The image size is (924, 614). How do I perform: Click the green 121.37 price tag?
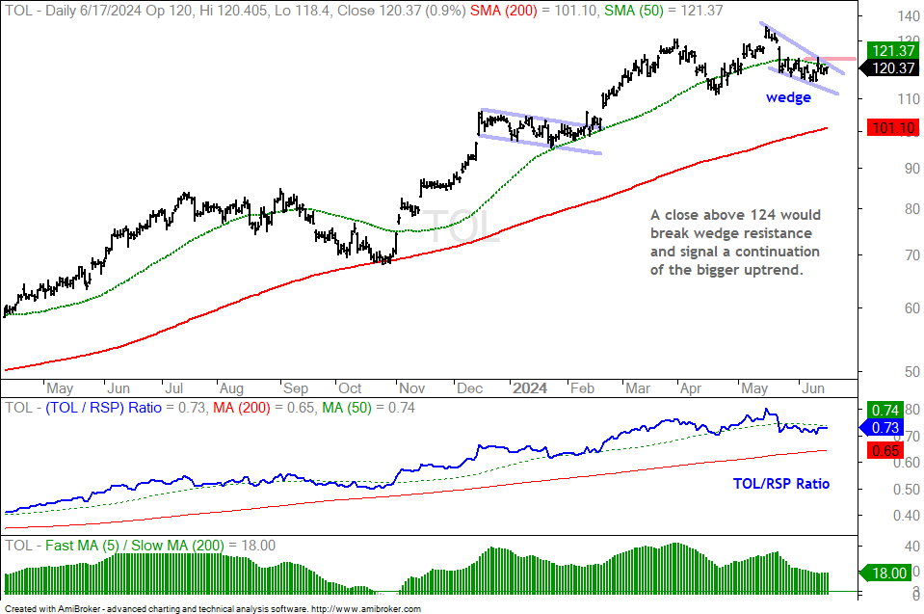[x=893, y=51]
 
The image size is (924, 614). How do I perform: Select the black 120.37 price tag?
[x=891, y=68]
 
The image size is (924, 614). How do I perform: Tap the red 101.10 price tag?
[x=893, y=127]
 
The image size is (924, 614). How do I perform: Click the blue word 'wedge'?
[x=788, y=97]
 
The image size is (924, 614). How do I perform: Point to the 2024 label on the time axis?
[x=529, y=388]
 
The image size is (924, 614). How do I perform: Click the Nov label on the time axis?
[x=411, y=388]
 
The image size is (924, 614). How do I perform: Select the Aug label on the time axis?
[x=231, y=388]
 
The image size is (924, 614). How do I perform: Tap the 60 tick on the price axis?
[x=911, y=307]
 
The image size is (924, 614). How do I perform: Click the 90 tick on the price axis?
[x=911, y=169]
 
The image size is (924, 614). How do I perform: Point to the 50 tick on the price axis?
[x=911, y=372]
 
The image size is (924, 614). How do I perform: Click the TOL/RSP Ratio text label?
[x=780, y=484]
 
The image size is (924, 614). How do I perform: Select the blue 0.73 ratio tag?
[x=883, y=427]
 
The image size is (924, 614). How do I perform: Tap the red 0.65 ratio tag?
[x=885, y=451]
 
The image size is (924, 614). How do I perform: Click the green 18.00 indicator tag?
[x=885, y=573]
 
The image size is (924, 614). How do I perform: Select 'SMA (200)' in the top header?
[x=504, y=11]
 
